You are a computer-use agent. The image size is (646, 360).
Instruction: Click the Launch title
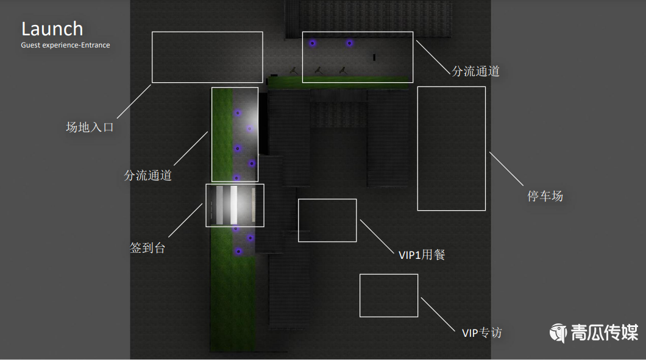52,29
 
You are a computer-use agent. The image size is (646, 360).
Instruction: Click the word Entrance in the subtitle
94,45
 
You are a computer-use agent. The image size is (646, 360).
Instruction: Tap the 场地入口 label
90,127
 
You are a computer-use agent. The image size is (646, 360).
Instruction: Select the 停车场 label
545,196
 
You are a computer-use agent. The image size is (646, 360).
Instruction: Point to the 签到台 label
147,248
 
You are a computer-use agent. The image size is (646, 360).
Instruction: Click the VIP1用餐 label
422,255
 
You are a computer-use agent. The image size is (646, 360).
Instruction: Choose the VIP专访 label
481,333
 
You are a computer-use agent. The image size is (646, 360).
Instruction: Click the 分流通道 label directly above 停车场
475,71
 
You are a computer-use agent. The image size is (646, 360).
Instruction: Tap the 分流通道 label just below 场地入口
147,175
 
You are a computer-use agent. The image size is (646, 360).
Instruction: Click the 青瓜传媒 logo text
604,333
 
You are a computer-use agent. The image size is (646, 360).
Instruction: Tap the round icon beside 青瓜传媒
558,333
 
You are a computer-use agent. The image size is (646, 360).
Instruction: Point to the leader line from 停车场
506,169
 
